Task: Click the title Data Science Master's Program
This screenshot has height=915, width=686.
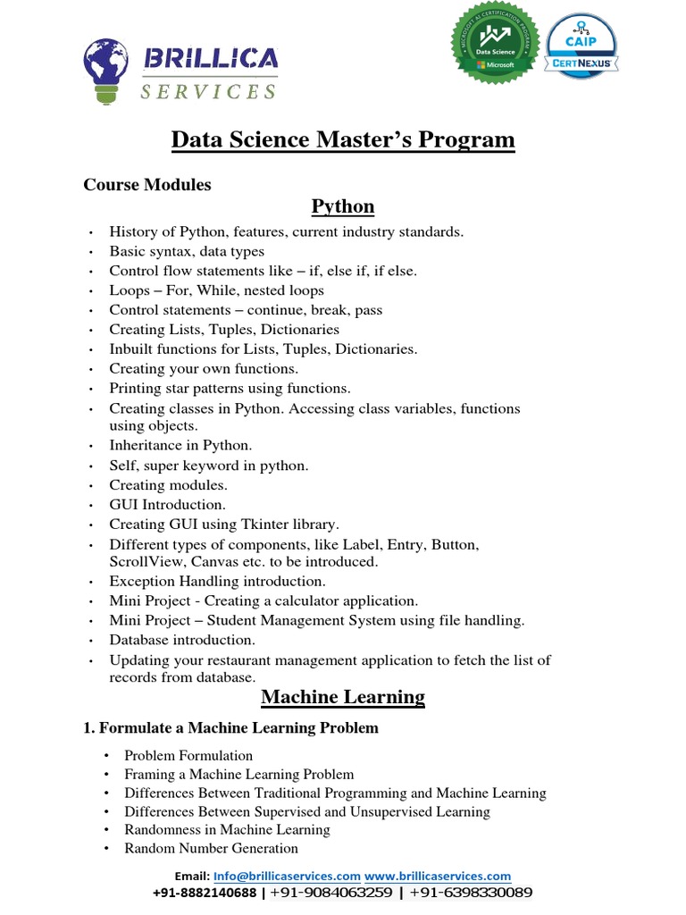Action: (343, 140)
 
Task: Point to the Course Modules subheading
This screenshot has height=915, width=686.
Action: (147, 185)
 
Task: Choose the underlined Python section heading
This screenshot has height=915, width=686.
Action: (343, 206)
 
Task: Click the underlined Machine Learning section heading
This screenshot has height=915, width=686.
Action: (343, 696)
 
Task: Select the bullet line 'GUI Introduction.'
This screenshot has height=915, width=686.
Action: (167, 505)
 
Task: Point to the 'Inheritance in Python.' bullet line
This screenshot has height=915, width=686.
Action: (180, 445)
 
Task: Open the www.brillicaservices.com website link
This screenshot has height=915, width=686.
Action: (438, 877)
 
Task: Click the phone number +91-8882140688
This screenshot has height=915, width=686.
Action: (205, 893)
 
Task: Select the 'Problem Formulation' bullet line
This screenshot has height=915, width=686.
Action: (188, 755)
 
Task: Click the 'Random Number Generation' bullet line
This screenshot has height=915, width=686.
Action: (211, 848)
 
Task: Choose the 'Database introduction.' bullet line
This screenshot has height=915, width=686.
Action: (182, 640)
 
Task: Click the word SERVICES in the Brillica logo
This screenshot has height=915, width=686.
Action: (209, 91)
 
